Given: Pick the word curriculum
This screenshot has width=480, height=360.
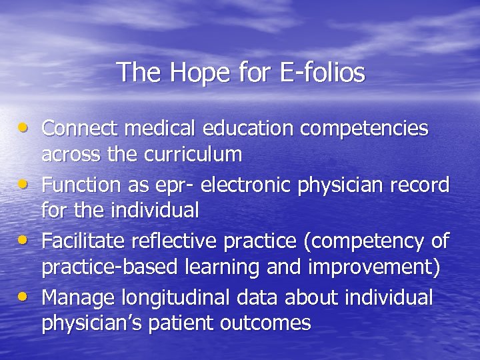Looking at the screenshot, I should [x=193, y=154].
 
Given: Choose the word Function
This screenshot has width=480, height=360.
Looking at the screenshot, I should [x=80, y=183].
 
